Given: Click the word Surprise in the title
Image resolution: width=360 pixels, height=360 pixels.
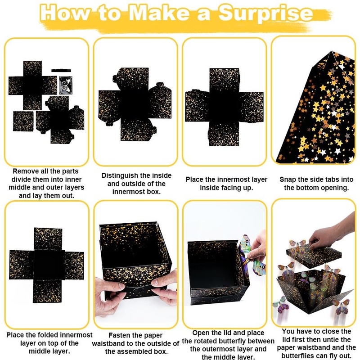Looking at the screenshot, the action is point(265,13).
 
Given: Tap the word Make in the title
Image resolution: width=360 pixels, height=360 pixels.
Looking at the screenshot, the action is point(160,13).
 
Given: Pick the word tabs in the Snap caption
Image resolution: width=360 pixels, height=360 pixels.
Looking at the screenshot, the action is point(333,179).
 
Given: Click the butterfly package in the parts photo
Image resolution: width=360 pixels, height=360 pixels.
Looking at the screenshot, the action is point(66,85).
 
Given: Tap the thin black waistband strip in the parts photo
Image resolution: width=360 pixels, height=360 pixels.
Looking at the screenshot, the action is point(61,71).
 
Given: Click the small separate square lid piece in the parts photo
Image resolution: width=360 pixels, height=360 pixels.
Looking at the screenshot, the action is point(23,121).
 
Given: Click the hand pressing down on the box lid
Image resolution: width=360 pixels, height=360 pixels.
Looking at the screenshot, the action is point(333,232).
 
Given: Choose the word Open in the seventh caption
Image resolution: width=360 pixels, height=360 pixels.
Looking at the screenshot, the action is point(201,333).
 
